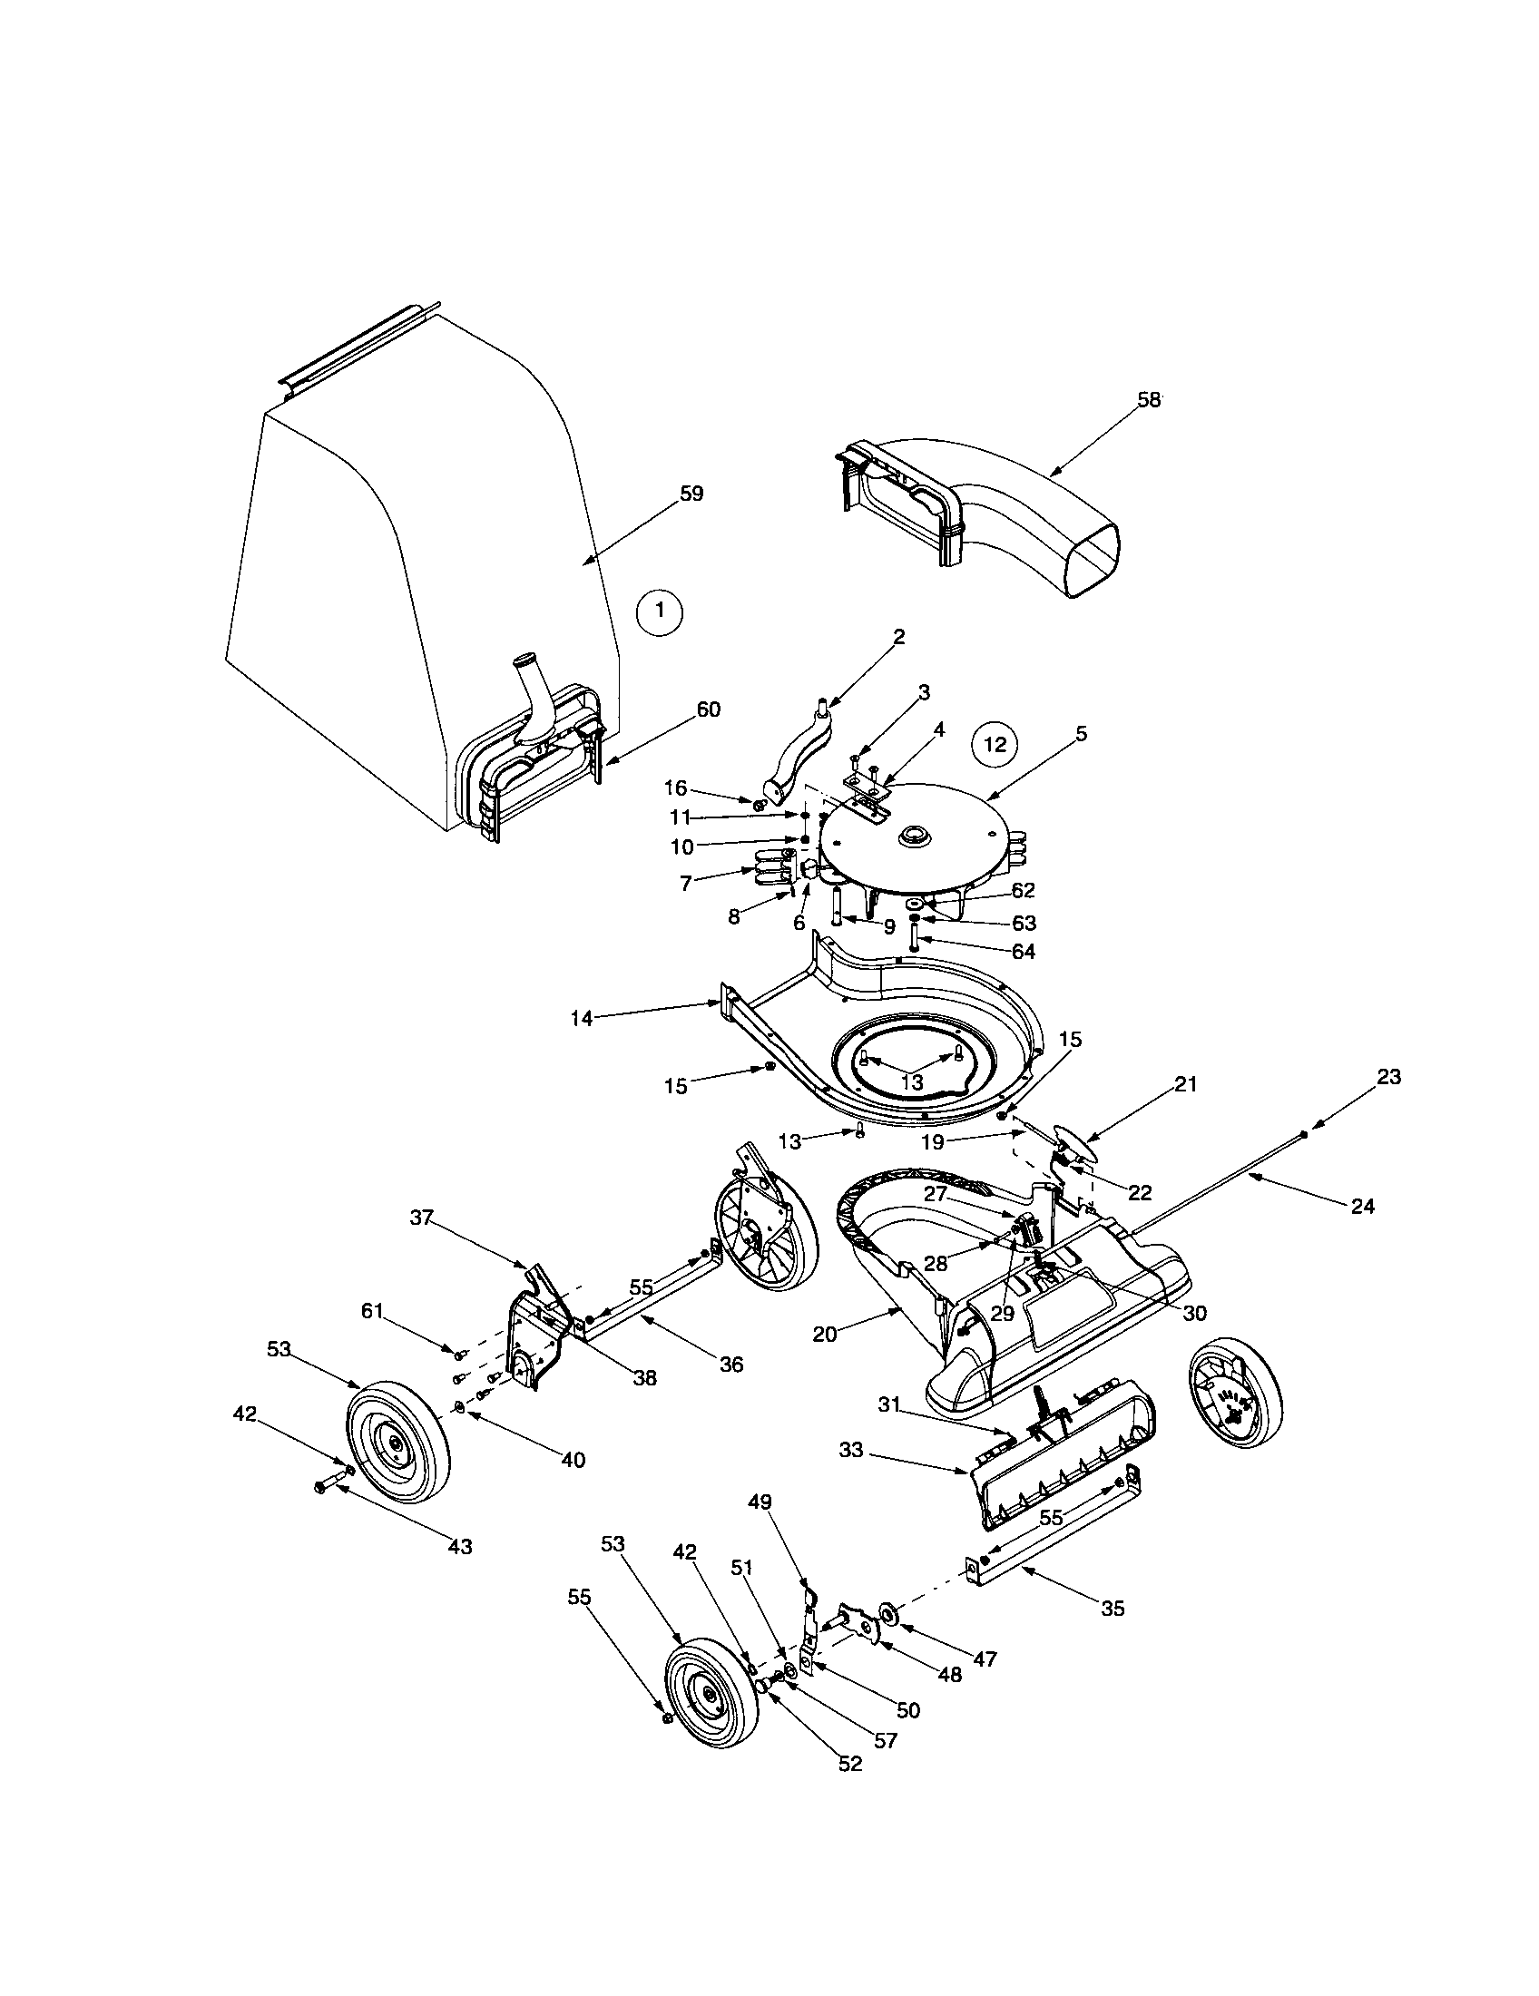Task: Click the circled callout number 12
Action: tap(995, 744)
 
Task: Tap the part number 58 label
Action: tap(1149, 400)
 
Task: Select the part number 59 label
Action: tap(691, 494)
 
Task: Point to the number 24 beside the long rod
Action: tap(1362, 1207)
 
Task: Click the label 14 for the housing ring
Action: tap(583, 1018)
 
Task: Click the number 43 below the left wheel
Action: tap(460, 1546)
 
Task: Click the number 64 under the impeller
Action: tap(1024, 952)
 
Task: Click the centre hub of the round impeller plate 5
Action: tap(913, 837)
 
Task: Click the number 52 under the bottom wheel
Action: tap(850, 1764)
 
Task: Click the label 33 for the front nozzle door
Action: tap(850, 1451)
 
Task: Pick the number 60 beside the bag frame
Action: tap(709, 709)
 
